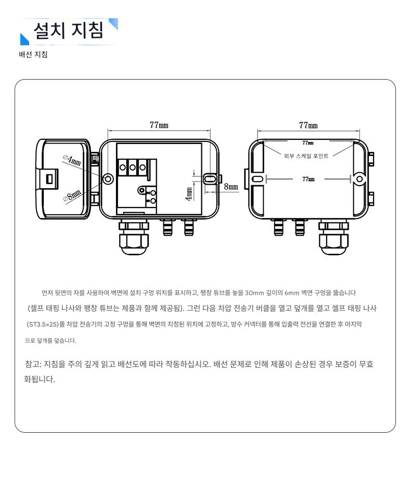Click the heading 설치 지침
tap(69, 31)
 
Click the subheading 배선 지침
tap(33, 55)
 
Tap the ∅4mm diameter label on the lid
tap(72, 160)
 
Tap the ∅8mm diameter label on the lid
tap(72, 196)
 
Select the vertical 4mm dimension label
tap(189, 195)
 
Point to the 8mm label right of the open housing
tap(230, 186)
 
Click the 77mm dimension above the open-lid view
tap(159, 125)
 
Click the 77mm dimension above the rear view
tap(308, 125)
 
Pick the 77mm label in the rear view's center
tap(309, 179)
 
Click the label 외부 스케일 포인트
tap(306, 156)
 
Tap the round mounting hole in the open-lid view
tap(108, 179)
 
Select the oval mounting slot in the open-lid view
tap(210, 178)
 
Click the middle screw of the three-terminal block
tap(132, 167)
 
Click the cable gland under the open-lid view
tap(134, 237)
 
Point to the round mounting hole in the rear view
tap(359, 179)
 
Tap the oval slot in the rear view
tap(258, 179)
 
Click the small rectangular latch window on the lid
tap(50, 178)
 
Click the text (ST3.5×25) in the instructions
tap(43, 324)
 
